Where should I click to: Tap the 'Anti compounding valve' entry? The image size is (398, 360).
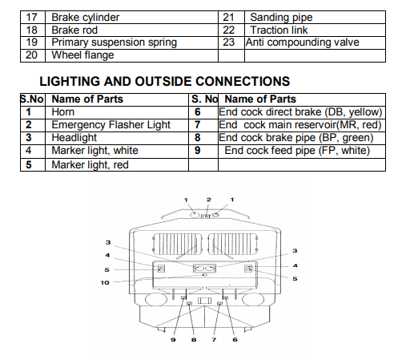pyautogui.click(x=303, y=42)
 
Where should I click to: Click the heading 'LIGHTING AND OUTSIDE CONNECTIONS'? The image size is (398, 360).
pyautogui.click(x=165, y=81)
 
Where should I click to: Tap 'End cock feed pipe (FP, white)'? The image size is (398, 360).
pyautogui.click(x=297, y=151)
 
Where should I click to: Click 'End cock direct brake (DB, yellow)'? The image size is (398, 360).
pyautogui.click(x=300, y=112)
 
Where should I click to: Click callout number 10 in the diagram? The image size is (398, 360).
pyautogui.click(x=105, y=282)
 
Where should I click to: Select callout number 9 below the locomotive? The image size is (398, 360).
pyautogui.click(x=173, y=340)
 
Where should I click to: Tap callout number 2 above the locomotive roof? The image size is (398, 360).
pyautogui.click(x=209, y=200)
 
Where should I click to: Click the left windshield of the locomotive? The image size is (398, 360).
pyautogui.click(x=177, y=244)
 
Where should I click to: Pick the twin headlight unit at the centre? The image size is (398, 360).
pyautogui.click(x=204, y=269)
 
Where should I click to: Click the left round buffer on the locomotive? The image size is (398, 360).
pyautogui.click(x=156, y=299)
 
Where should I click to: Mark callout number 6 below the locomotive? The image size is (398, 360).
pyautogui.click(x=235, y=340)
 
